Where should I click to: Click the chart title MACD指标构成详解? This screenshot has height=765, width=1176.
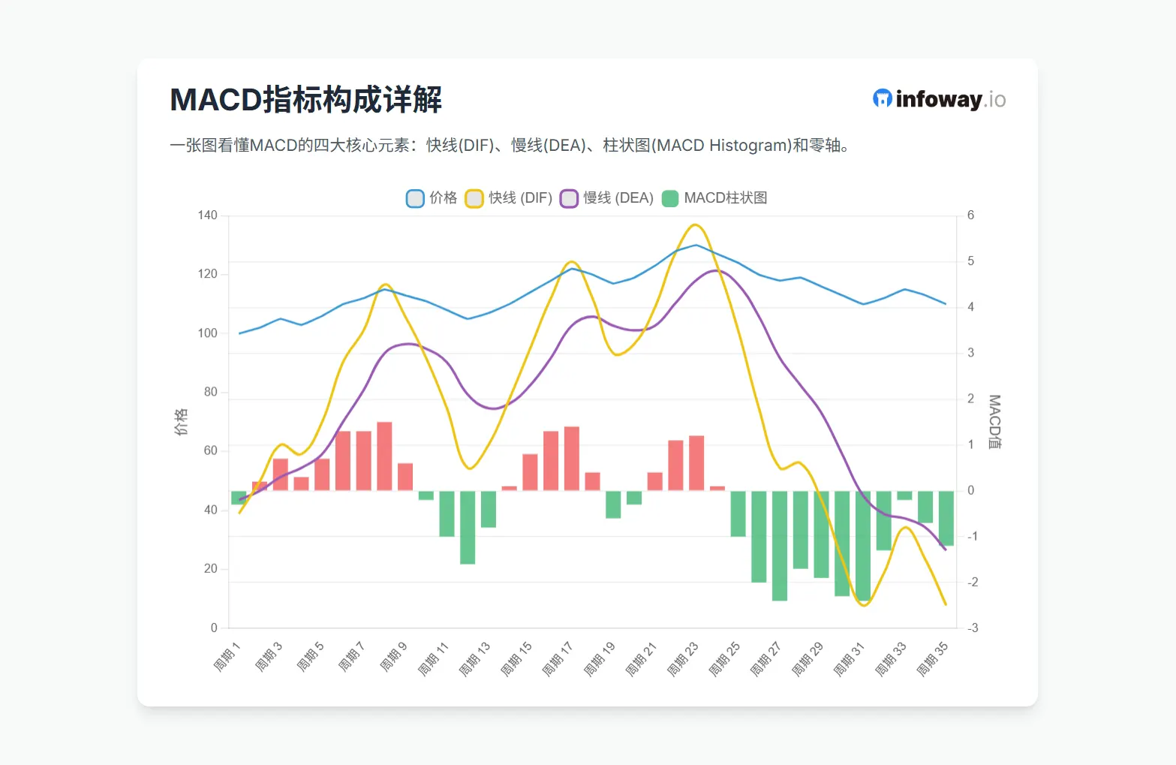(x=305, y=100)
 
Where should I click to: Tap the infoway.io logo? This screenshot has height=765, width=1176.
(x=939, y=99)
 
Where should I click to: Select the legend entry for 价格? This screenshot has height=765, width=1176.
(x=432, y=198)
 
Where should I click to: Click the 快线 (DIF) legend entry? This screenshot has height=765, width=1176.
(x=509, y=198)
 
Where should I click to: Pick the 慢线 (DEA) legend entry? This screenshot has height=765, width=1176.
(x=607, y=198)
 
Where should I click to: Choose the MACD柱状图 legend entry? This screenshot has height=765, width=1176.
(x=715, y=198)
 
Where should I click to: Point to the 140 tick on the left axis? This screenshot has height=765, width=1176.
(x=207, y=215)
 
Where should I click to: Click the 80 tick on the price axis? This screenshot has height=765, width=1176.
(x=210, y=392)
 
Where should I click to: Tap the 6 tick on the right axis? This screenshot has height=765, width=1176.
(x=970, y=215)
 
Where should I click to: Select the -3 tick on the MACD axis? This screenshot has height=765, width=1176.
(x=972, y=628)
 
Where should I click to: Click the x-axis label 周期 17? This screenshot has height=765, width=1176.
(x=558, y=658)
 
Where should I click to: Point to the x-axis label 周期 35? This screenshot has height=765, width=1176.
(x=932, y=658)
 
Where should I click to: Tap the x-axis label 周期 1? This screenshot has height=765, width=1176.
(x=226, y=657)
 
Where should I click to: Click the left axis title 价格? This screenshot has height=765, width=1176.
(x=181, y=422)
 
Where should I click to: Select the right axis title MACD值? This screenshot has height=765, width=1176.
(x=994, y=422)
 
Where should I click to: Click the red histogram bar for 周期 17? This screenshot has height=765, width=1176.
(x=572, y=459)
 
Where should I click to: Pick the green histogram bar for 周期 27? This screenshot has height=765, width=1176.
(x=780, y=545)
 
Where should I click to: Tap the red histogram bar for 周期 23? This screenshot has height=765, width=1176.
(x=696, y=463)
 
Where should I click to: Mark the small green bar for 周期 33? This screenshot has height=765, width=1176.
(x=904, y=495)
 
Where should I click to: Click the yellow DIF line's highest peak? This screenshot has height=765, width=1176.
(x=695, y=224)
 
